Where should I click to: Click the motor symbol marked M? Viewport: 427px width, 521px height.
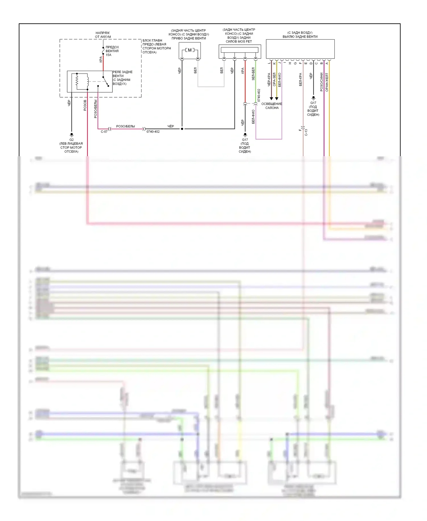[x=190, y=50]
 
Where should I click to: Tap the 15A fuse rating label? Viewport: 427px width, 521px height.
[x=108, y=55]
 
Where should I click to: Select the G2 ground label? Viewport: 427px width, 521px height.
[x=71, y=140]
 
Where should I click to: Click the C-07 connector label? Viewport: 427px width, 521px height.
[x=104, y=132]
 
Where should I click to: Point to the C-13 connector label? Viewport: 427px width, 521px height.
[x=306, y=132]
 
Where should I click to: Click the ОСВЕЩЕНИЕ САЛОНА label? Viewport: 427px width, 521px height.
[x=272, y=106]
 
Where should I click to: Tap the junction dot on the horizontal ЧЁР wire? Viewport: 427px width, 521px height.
[x=182, y=129]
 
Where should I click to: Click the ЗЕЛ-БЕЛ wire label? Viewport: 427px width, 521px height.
[x=253, y=74]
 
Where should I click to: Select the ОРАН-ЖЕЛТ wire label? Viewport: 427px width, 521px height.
[x=327, y=82]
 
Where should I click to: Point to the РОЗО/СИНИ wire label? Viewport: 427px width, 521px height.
[x=322, y=82]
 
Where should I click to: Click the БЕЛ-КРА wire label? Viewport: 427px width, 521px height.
[x=301, y=80]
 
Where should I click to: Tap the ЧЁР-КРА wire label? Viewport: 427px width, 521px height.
[x=269, y=80]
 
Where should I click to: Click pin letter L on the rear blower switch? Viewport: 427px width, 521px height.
[x=269, y=63]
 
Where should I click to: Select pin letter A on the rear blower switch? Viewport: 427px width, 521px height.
[x=327, y=63]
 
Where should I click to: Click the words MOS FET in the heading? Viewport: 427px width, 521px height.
[x=245, y=42]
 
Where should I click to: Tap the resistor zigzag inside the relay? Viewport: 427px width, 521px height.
[x=77, y=81]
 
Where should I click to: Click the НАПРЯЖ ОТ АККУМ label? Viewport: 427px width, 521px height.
[x=103, y=35]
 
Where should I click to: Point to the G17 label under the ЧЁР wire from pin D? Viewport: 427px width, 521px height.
[x=313, y=103]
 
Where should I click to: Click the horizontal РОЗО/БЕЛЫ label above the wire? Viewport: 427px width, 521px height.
[x=126, y=126]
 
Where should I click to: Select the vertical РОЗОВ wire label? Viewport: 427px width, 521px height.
[x=85, y=105]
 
